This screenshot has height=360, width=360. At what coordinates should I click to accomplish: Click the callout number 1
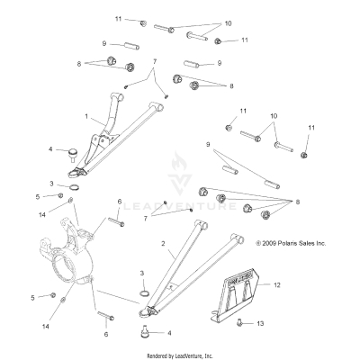(86, 117)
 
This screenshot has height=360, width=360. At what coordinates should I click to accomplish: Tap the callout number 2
(162, 244)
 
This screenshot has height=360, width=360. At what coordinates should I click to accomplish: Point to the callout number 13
(261, 323)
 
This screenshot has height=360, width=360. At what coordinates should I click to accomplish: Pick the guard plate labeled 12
(238, 283)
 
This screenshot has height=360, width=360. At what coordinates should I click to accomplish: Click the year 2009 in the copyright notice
(270, 243)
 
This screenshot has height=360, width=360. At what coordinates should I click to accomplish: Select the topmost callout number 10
(228, 22)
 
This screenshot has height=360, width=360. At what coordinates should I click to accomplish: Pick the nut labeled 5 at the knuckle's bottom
(54, 296)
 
